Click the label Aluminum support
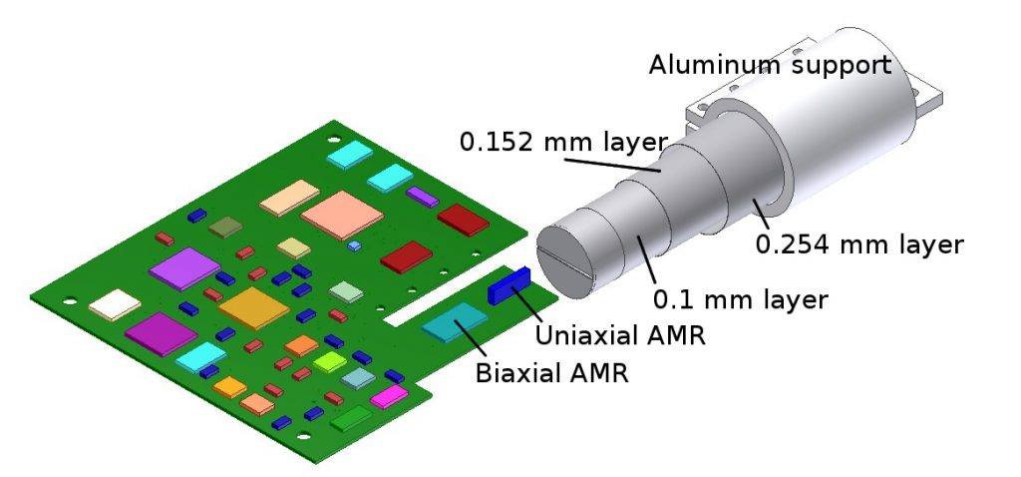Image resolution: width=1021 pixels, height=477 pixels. (770, 65)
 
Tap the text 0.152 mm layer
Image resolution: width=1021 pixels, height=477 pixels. (564, 142)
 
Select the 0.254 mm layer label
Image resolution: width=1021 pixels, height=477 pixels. (858, 244)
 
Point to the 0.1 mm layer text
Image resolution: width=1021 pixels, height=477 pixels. (741, 299)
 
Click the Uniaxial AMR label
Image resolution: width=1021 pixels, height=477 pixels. (620, 335)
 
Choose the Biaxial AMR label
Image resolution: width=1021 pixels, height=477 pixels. (552, 373)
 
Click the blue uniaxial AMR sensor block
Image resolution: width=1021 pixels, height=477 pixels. (510, 286)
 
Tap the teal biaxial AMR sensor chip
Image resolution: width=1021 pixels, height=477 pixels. (455, 322)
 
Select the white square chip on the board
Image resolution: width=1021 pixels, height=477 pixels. (115, 305)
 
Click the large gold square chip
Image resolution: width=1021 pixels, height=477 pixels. (254, 308)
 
